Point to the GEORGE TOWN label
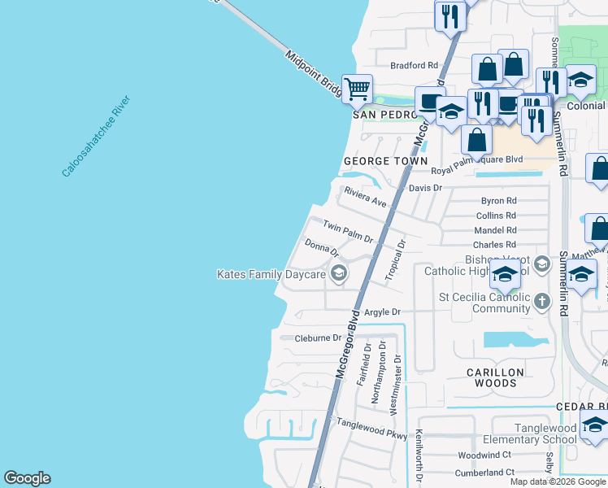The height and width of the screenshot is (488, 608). [x=385, y=161]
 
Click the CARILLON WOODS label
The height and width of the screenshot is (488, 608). [x=495, y=378]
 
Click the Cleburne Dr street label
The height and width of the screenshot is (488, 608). [x=318, y=338]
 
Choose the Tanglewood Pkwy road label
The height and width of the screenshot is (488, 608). [x=371, y=429]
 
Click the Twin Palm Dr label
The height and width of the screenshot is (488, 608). [x=347, y=232]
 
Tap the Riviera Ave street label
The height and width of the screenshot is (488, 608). [x=365, y=197]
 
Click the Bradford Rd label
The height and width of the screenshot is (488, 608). [x=414, y=65]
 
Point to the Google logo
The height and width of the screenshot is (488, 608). [x=27, y=478]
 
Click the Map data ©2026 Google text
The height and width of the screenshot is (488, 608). [x=558, y=481]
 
